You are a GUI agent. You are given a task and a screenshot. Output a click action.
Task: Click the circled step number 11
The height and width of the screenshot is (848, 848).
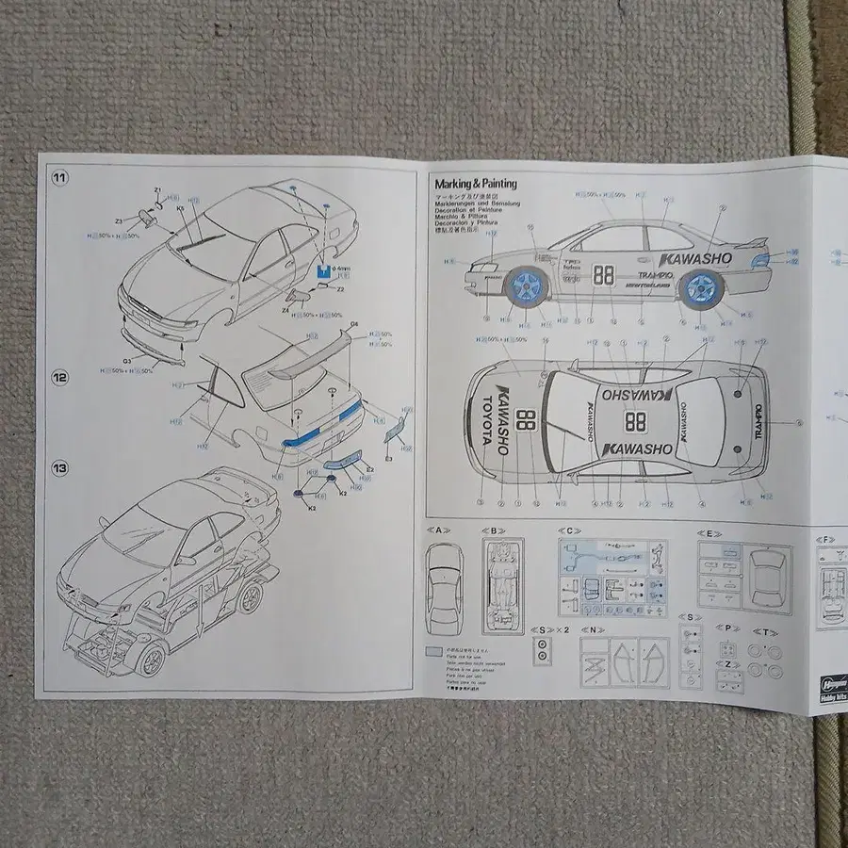pos(59,177)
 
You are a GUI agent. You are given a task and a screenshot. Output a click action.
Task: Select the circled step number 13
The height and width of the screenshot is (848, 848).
pos(59,467)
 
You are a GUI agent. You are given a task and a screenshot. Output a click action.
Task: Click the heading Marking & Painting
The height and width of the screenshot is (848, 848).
pos(475,184)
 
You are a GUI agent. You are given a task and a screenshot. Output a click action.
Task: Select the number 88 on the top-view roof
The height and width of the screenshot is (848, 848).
pos(635,421)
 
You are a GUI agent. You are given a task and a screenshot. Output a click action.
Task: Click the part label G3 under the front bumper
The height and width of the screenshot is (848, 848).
pos(128,359)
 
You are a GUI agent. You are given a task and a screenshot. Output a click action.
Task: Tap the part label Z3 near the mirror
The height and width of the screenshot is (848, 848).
pos(120,220)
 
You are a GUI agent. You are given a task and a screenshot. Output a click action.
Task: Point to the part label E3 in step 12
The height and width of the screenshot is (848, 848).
pos(388,458)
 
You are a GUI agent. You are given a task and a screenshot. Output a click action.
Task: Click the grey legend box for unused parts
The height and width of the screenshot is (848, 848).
pos(432,650)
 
